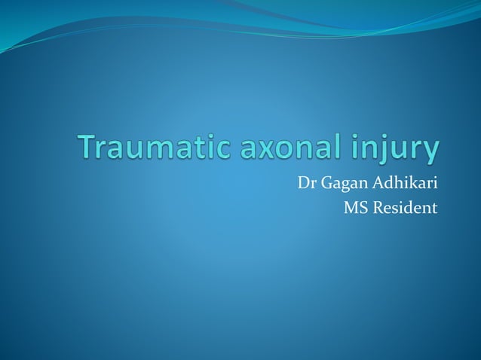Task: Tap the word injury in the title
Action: click(x=397, y=149)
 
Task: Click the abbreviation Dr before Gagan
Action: click(x=306, y=182)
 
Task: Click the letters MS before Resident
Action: click(x=354, y=207)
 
